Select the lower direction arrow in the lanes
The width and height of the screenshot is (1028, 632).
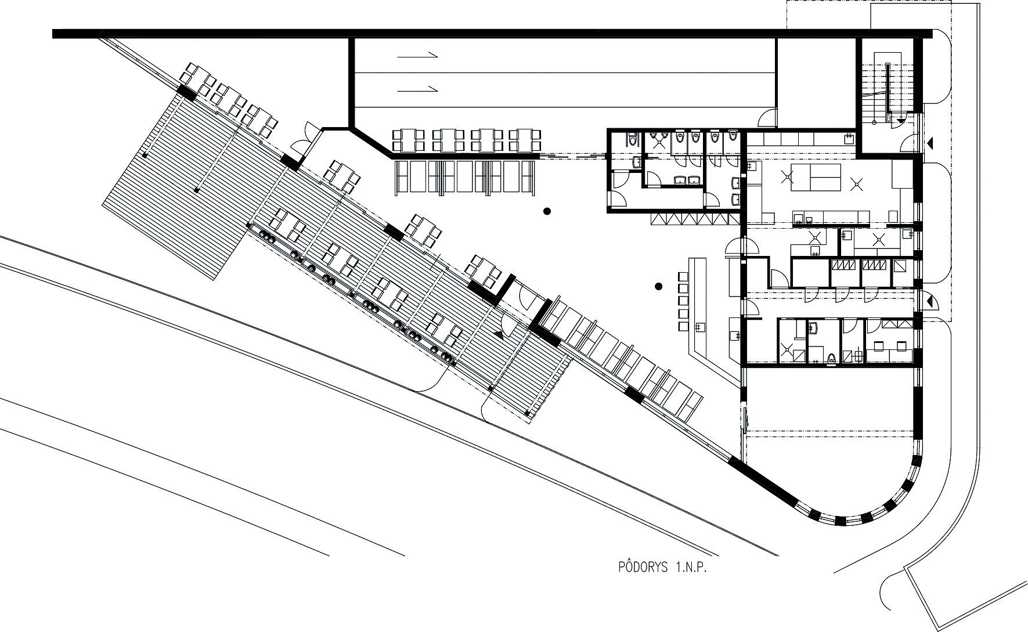417,89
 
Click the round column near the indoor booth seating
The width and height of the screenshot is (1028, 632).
547,212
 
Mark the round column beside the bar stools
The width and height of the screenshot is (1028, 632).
658,286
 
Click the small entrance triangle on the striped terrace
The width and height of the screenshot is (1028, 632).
499,334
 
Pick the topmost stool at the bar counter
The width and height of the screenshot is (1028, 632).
683,273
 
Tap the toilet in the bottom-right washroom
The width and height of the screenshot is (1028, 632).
832,357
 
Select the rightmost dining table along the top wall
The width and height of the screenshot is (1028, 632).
525,140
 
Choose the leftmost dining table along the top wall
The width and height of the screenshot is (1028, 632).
409,140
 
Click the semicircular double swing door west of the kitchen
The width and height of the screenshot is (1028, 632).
741,247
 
